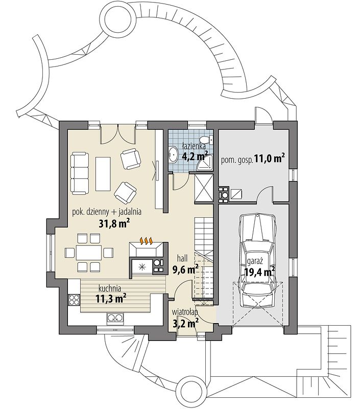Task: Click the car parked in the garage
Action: click(258, 261)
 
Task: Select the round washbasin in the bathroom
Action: click(173, 154)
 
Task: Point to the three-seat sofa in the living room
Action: click(80, 173)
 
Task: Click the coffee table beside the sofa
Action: click(104, 173)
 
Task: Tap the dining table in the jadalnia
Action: click(88, 252)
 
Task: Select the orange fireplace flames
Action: click(146, 241)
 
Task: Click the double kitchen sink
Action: click(115, 318)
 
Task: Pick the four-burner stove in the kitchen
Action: click(74, 299)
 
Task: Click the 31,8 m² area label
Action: click(114, 223)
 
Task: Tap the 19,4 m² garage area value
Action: click(260, 272)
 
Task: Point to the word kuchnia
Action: click(110, 288)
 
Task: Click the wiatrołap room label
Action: click(185, 312)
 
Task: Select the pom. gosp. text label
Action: click(237, 160)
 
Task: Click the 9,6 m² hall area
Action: click(186, 269)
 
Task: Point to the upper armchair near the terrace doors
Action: click(131, 159)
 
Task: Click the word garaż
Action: click(255, 261)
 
